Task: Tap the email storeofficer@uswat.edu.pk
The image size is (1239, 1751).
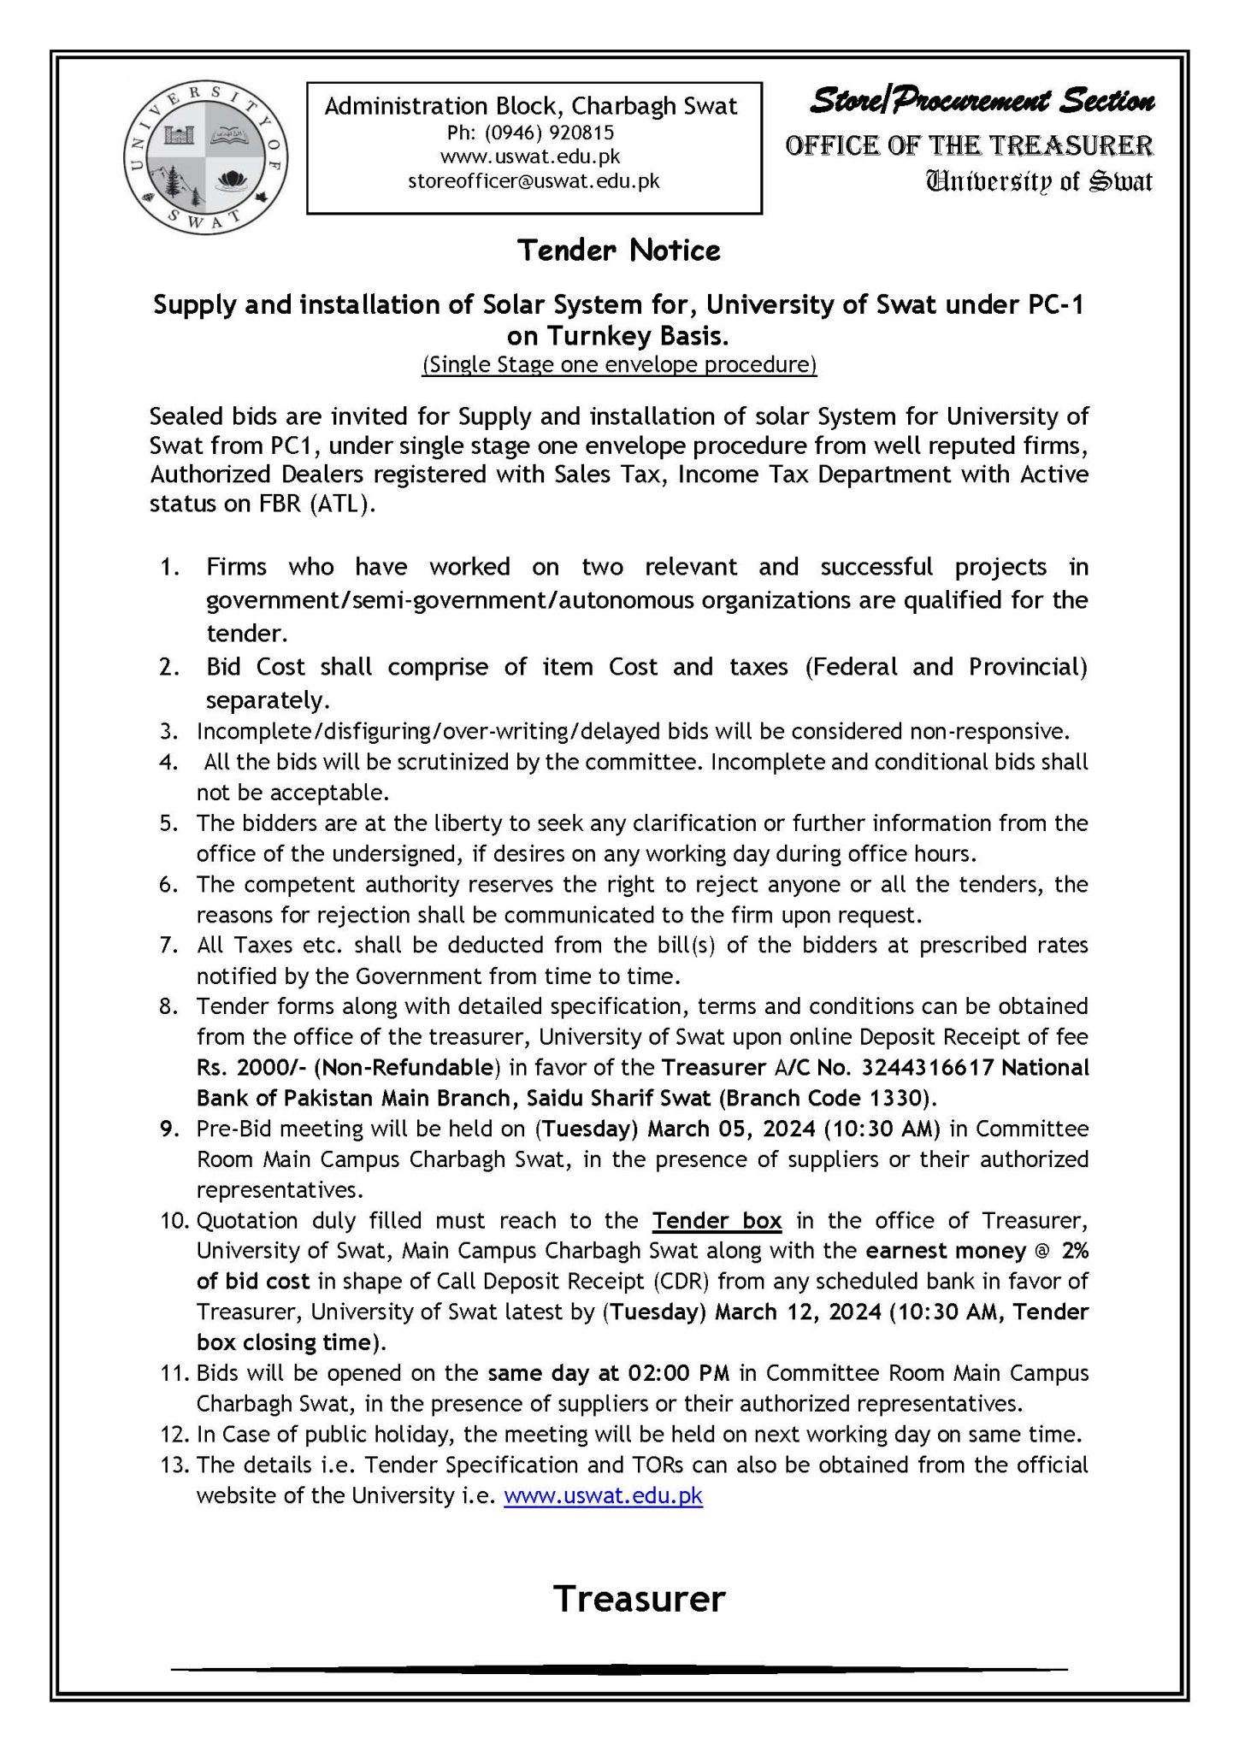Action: [x=534, y=181]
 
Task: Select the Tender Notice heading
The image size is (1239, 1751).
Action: [x=619, y=251]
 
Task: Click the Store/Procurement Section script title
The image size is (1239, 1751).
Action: [x=982, y=102]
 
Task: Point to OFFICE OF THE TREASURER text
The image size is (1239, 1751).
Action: [x=969, y=145]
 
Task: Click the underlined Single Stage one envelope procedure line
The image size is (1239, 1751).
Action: [x=619, y=365]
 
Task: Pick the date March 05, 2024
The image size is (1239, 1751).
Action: [x=732, y=1129]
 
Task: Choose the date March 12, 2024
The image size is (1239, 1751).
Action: [x=798, y=1312]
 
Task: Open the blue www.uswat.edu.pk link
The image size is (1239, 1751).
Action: [x=603, y=1495]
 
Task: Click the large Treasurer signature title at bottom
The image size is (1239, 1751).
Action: [x=639, y=1598]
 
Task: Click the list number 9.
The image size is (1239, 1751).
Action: [x=168, y=1129]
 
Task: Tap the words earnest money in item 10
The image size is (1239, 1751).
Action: [x=945, y=1251]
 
